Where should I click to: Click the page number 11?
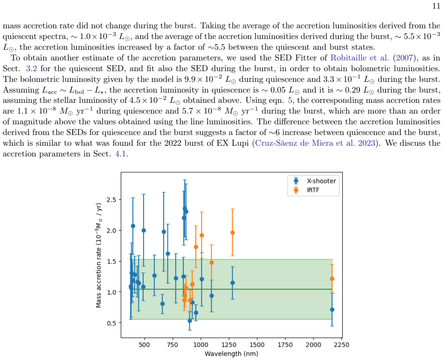pos(436,6)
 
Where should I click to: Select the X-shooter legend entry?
pos(315,181)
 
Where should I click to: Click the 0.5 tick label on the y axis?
pos(112,323)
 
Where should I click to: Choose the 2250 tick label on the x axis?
pos(341,345)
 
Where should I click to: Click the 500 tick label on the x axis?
pos(144,345)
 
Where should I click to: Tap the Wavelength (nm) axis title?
pos(231,354)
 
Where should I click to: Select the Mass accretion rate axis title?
pos(98,255)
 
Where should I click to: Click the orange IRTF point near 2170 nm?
pos(332,279)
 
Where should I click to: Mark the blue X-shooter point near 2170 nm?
pos(332,310)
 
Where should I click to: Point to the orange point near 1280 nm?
pos(233,233)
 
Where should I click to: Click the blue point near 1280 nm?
pos(233,283)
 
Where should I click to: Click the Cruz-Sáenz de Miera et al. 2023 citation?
pos(315,143)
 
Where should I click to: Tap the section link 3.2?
pos(31,69)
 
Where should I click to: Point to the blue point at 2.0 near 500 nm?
pos(144,231)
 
